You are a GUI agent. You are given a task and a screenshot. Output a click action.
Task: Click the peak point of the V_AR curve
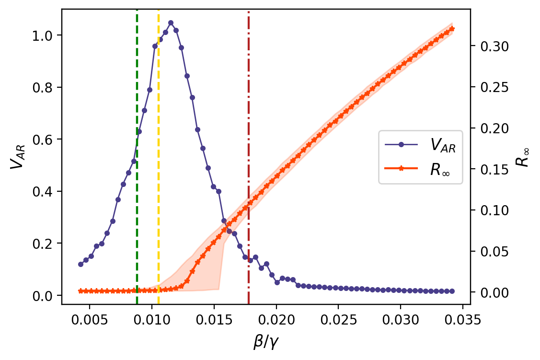pos(171,23)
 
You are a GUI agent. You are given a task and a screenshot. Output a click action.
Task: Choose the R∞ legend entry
pos(420,170)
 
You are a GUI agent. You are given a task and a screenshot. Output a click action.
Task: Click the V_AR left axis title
pos(17,157)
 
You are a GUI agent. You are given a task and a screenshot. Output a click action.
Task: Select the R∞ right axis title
pos(523,157)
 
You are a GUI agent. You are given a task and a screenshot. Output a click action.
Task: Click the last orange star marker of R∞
pos(452,29)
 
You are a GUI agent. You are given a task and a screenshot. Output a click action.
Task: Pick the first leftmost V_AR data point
pos(80,264)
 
